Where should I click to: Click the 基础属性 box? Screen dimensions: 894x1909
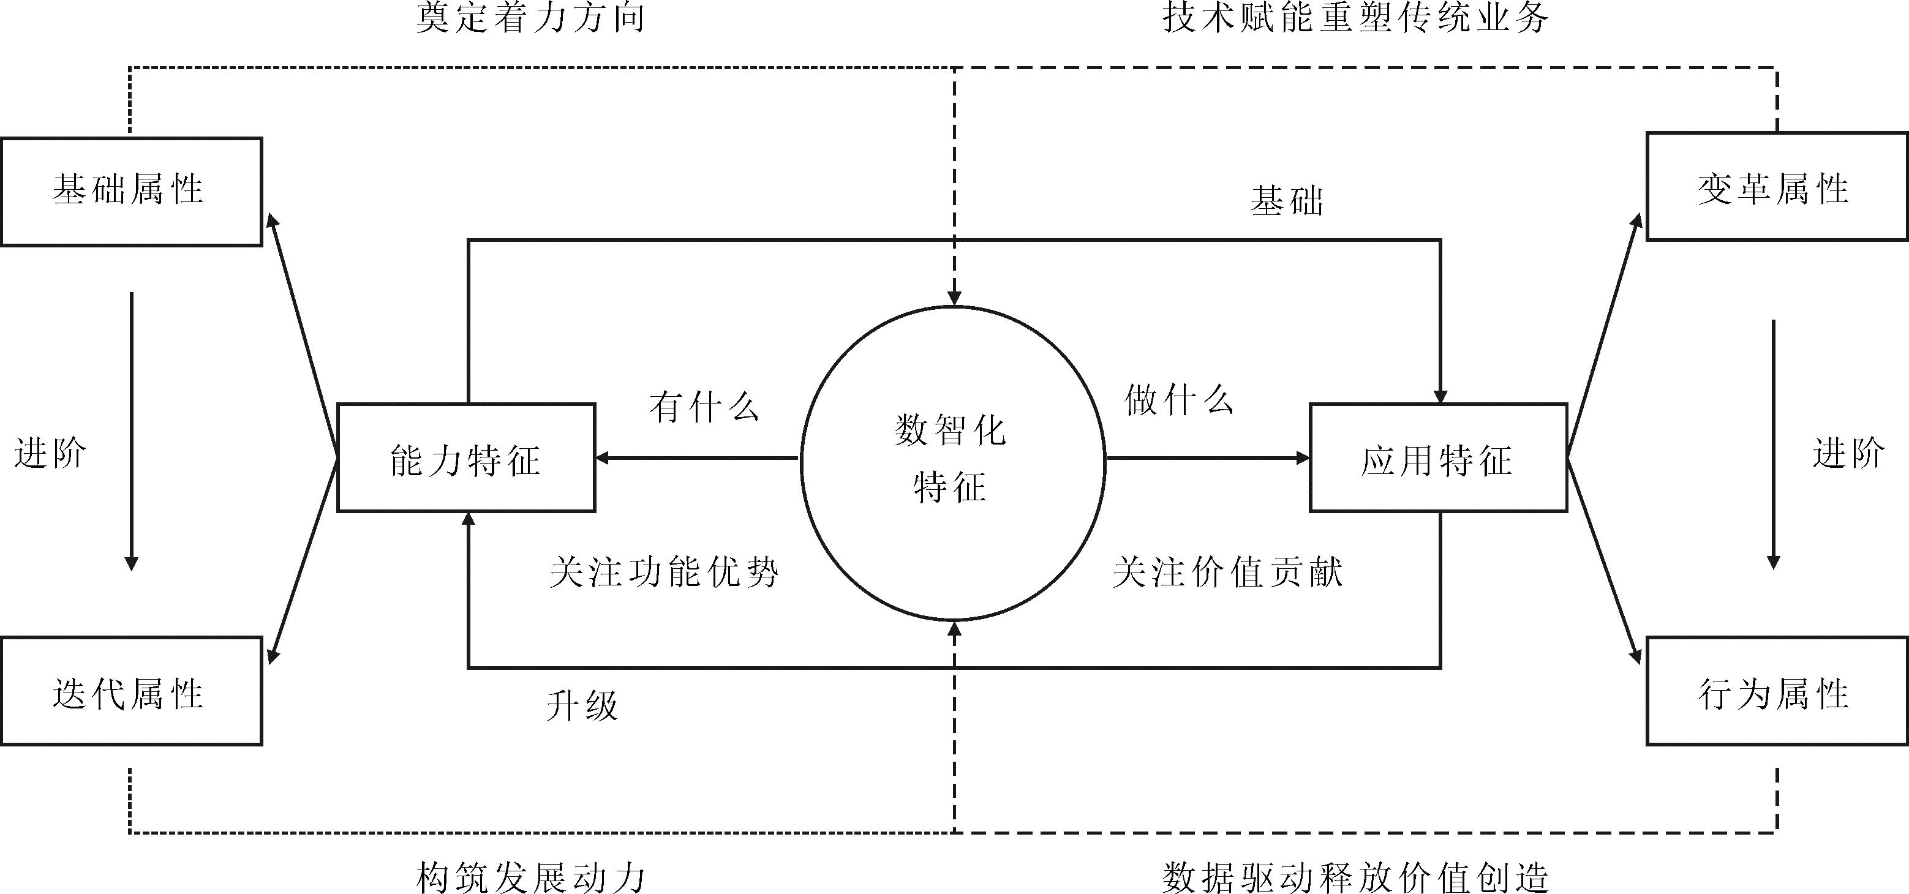click(131, 191)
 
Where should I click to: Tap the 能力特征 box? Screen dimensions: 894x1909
click(466, 459)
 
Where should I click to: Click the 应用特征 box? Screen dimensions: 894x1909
click(1437, 459)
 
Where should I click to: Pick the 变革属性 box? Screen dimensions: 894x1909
click(1775, 187)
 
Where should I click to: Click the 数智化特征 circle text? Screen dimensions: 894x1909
click(952, 459)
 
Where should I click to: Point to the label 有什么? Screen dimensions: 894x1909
click(705, 407)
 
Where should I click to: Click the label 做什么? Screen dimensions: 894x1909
click(1178, 400)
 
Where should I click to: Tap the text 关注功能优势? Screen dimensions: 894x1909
click(664, 573)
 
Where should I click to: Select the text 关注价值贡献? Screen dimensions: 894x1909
click(1227, 573)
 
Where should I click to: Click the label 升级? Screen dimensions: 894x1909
click(582, 705)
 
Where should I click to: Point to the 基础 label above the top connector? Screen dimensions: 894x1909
click(1287, 201)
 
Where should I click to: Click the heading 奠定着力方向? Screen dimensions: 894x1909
click(530, 18)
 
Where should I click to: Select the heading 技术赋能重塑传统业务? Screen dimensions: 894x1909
click(1355, 18)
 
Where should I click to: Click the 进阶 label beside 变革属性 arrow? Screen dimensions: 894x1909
click(1848, 453)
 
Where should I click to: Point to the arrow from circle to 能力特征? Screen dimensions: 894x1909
click(696, 459)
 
